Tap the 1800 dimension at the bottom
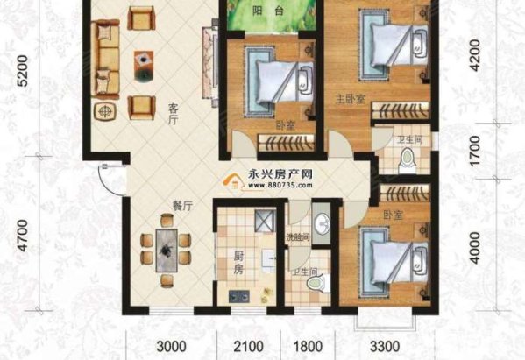304,344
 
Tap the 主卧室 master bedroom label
344,99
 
